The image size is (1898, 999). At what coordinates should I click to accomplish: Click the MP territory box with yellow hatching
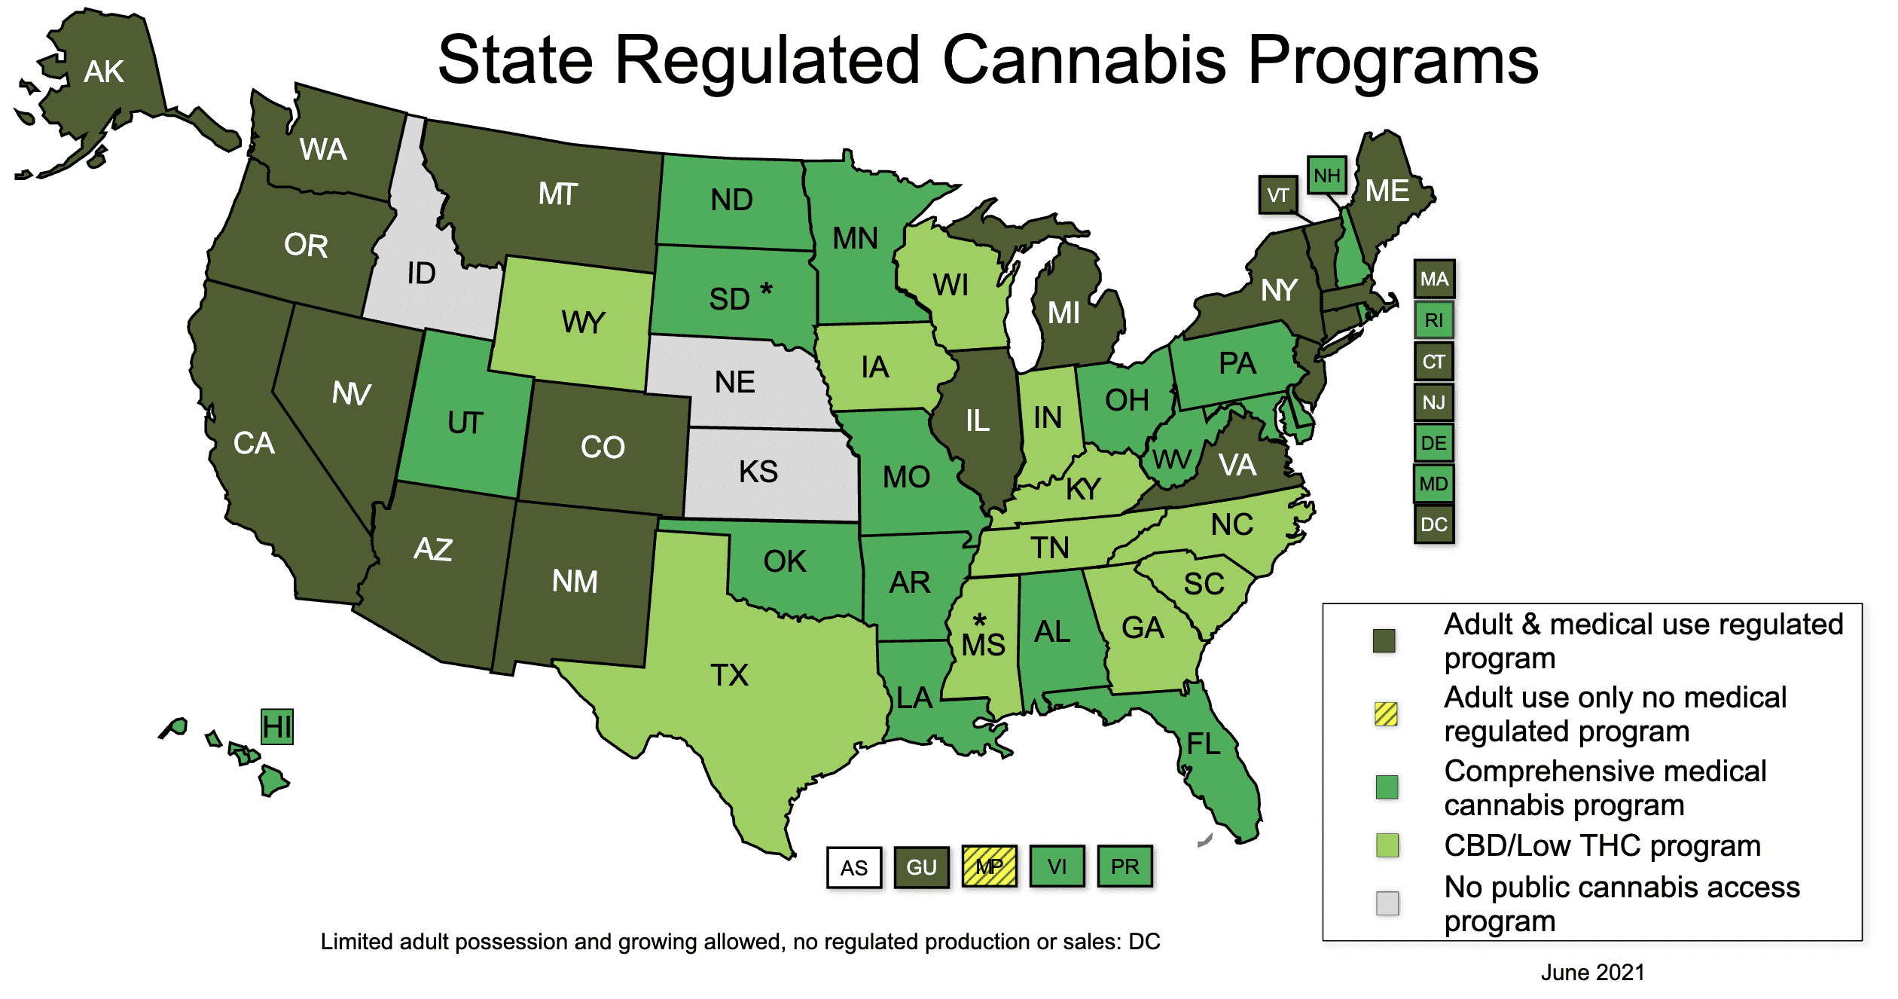(x=989, y=866)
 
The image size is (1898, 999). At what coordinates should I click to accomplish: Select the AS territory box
(x=853, y=868)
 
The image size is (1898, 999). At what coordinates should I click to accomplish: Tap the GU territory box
(x=921, y=867)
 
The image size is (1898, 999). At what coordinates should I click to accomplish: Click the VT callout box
(x=1277, y=195)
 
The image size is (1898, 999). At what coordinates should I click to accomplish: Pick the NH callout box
(x=1326, y=176)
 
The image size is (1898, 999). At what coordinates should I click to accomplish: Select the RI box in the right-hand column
(x=1433, y=320)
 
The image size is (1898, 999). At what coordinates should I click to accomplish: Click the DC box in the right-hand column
(x=1433, y=524)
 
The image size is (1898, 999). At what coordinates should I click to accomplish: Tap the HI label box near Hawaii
(x=276, y=727)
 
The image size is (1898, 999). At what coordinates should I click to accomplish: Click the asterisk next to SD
(x=766, y=289)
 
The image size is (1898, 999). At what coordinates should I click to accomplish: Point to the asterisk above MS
(x=979, y=620)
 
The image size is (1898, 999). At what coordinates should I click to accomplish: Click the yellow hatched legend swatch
(x=1386, y=713)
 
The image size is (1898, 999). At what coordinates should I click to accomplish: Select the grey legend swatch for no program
(x=1387, y=903)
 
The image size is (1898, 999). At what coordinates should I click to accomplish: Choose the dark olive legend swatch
(x=1384, y=640)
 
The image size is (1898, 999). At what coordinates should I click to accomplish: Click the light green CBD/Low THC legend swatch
(x=1387, y=845)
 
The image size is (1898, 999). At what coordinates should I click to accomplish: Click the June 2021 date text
(x=1592, y=973)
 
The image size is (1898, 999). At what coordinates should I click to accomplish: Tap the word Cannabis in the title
(x=1084, y=60)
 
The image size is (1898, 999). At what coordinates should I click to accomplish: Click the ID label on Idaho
(x=421, y=273)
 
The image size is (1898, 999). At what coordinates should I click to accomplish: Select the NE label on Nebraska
(x=734, y=382)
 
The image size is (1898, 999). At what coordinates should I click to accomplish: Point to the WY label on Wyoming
(x=583, y=322)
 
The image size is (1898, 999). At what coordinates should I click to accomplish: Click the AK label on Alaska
(x=104, y=72)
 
